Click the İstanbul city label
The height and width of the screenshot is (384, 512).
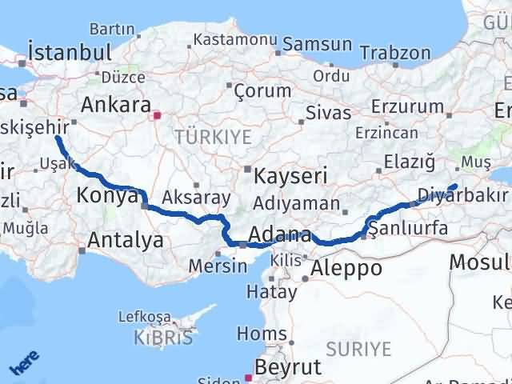coord(69,52)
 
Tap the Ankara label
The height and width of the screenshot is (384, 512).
coord(116,106)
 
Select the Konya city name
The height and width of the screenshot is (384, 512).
coord(107,195)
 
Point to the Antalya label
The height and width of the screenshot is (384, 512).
coord(126,239)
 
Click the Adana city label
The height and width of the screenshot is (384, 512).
coord(279,235)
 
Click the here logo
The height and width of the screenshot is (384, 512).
coord(24,365)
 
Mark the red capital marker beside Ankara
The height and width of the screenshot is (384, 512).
coord(158,115)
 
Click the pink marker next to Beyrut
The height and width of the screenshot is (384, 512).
coord(249,374)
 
